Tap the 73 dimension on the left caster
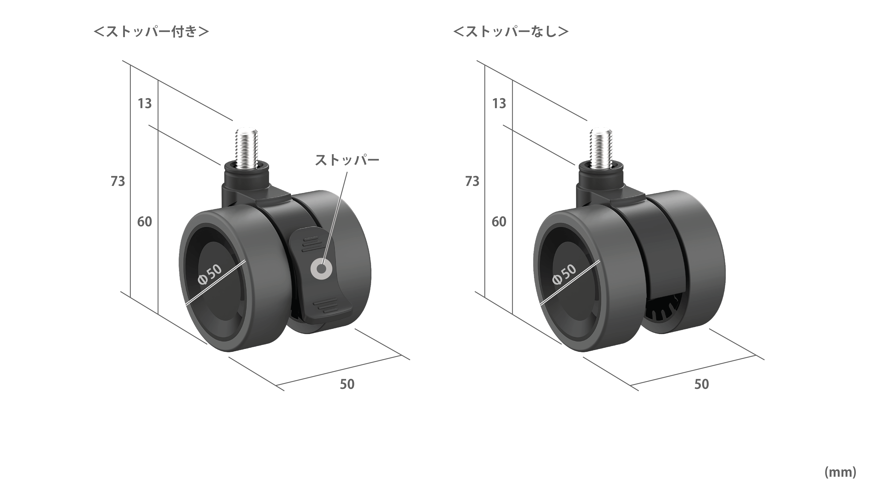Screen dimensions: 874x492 coord(118,182)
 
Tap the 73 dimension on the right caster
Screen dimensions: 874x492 coord(472,182)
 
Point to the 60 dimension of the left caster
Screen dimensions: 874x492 coord(145,222)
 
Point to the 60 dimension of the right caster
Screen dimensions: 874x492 coord(499,222)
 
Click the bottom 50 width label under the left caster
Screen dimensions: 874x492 coord(347,384)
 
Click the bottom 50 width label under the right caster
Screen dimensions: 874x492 coord(702,384)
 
